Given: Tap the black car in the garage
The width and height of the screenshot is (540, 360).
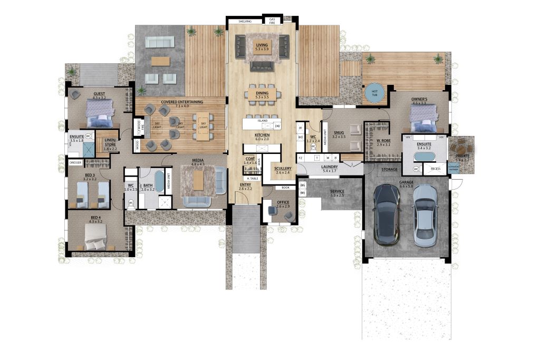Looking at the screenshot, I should (387, 216).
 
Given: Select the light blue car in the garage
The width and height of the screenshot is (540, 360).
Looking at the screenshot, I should (425, 216).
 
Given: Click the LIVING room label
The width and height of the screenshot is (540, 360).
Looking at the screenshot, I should (262, 46).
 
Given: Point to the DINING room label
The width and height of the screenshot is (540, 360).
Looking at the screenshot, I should (262, 94).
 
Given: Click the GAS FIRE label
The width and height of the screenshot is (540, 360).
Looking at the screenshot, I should (273, 22).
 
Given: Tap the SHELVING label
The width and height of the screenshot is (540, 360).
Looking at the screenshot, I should (245, 22).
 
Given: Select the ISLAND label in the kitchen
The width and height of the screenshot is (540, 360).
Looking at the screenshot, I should (262, 121).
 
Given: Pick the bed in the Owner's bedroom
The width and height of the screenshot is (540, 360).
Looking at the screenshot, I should (425, 119).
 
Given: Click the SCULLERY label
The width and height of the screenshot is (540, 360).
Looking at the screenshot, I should (282, 169).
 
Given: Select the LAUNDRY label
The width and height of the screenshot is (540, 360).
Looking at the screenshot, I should (329, 168).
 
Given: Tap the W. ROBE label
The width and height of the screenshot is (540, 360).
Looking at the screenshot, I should (383, 141).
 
